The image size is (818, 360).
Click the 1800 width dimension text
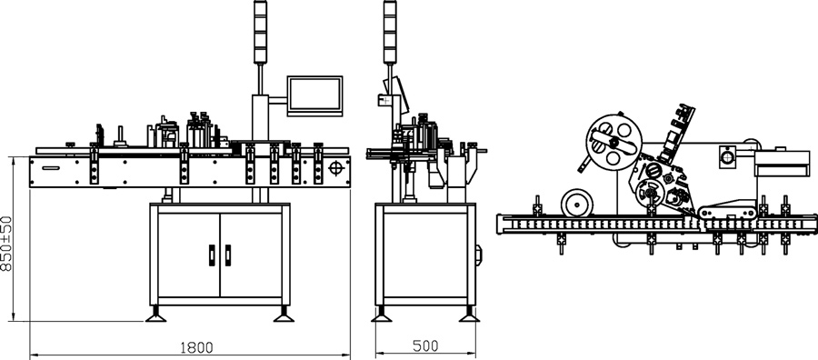pos(196,347)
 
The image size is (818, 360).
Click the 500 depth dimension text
pos(425,346)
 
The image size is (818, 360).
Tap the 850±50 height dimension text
pos(6,244)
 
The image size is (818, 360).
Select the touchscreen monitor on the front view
pos(314,96)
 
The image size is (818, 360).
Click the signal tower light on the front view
pos(260,32)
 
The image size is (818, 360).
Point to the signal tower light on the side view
pos(390,32)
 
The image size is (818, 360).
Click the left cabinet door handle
pos(212,255)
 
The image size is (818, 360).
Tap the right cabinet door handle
pos(228,255)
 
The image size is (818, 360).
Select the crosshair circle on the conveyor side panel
pos(336,168)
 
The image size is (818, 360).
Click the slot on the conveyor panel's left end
pos(51,168)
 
